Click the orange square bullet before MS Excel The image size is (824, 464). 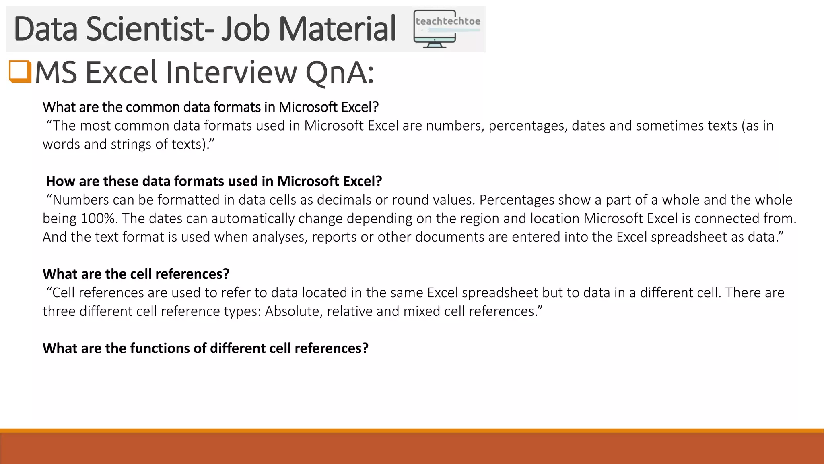(20, 71)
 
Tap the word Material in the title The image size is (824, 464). (337, 29)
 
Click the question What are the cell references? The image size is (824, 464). (136, 274)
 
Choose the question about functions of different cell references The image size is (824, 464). (206, 348)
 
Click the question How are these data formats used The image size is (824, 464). (214, 181)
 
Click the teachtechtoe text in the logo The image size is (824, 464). (448, 21)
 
